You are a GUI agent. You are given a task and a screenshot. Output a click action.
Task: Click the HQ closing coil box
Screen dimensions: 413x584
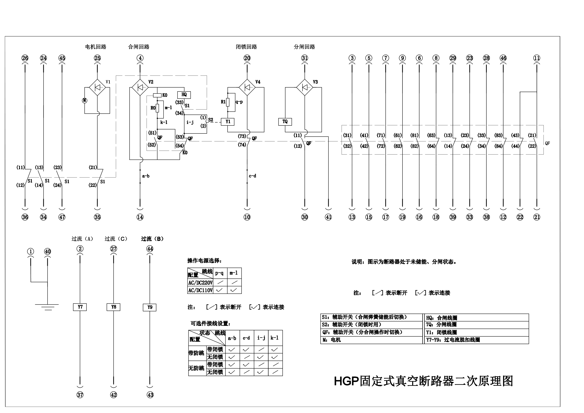(x=184, y=95)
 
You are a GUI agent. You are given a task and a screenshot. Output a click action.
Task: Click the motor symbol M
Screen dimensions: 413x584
(x=85, y=100)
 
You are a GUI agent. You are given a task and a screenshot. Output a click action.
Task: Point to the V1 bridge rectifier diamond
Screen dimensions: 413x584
(x=97, y=87)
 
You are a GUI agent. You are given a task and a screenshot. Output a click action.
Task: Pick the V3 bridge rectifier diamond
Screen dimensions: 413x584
(x=305, y=87)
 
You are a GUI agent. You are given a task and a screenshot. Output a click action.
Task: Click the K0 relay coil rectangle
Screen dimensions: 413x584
(x=157, y=95)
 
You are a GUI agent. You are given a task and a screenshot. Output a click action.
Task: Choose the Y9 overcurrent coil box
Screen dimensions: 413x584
(x=150, y=307)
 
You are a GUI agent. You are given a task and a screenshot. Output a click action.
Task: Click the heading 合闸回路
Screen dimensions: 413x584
(x=139, y=47)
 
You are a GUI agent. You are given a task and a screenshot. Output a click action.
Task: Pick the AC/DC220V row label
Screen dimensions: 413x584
(x=200, y=283)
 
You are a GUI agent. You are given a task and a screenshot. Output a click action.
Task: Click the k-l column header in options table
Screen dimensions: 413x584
(x=275, y=338)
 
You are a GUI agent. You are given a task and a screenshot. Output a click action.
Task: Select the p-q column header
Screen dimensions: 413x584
(x=219, y=273)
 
